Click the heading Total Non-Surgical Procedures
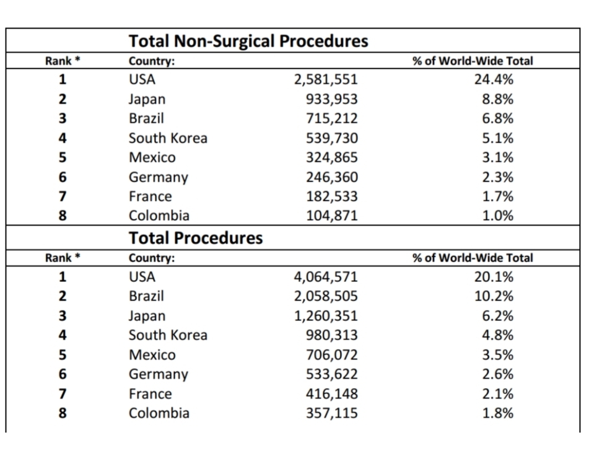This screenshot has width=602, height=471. pos(248,42)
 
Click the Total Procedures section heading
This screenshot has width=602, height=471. pos(196,238)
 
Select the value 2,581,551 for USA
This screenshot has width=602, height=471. pos(326,79)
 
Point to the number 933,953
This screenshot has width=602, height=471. pos(332,99)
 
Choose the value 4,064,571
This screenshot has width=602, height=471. pos(326,276)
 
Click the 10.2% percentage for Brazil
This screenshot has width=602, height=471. pos(494,296)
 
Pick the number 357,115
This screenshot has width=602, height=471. pos(332,413)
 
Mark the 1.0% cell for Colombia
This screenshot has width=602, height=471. pos(497,216)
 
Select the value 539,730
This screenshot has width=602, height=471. pos(332,138)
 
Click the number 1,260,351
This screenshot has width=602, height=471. pos(326,316)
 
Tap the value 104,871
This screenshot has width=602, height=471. pos(332,216)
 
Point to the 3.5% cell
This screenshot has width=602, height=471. pos(497,355)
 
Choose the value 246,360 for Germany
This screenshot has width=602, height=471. pos(332,177)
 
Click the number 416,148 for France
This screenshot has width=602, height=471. pos(332,394)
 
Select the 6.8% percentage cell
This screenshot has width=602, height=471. pos(497,118)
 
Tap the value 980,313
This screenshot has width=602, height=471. pos(332,335)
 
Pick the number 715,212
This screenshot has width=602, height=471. pos(332,118)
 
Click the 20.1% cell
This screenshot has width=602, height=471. pos(494,276)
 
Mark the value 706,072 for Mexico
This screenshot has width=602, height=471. pos(332,355)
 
